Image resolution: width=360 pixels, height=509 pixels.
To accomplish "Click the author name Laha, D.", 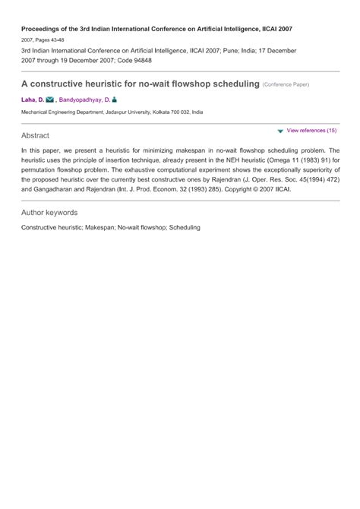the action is click(x=32, y=100).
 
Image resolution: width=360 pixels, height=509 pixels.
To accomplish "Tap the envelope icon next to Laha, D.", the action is click(x=49, y=100).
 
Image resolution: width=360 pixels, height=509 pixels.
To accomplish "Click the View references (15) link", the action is click(x=311, y=131).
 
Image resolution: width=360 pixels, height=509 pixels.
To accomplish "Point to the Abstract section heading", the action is click(x=36, y=135).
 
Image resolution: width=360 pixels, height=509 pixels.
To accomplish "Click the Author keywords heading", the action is click(x=49, y=213).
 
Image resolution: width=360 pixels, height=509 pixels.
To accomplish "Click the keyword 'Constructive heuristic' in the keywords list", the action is click(x=51, y=227).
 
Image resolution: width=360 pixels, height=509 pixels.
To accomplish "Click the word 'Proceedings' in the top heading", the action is click(x=43, y=28).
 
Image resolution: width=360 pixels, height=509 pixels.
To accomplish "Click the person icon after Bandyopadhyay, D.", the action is click(x=115, y=100).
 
